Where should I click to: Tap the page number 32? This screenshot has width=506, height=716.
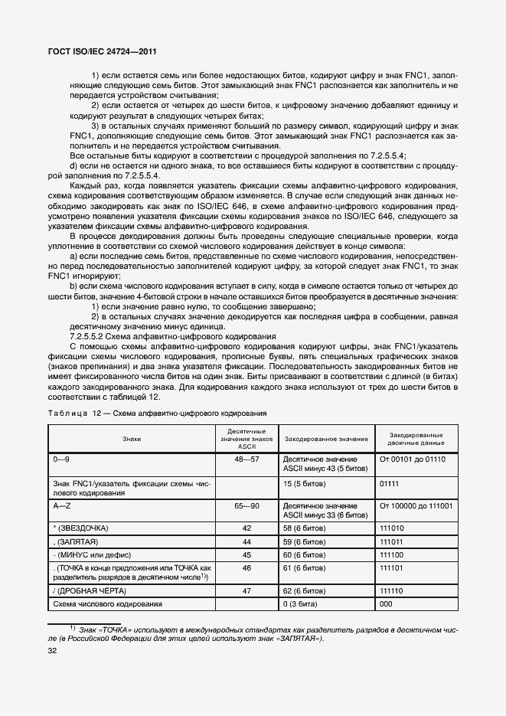54,652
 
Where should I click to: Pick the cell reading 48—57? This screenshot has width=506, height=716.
246,459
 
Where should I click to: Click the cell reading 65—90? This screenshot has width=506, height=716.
246,506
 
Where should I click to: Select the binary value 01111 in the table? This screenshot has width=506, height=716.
390,483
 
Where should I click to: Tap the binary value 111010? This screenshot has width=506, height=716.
393,528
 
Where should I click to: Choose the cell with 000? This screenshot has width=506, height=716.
387,605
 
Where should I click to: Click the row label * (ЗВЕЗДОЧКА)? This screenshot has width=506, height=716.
81,528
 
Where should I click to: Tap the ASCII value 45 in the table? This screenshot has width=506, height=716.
246,554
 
